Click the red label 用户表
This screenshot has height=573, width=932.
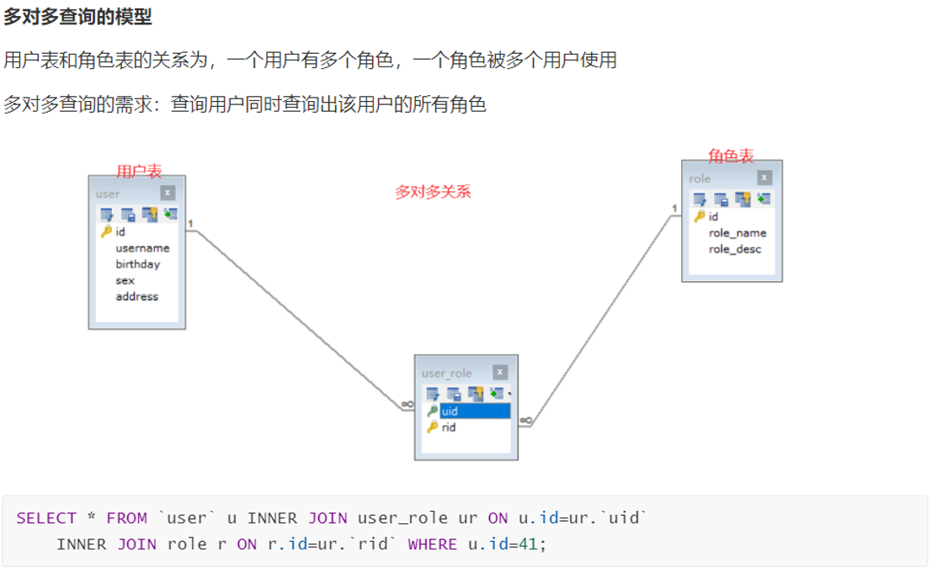139,172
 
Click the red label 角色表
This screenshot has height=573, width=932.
731,156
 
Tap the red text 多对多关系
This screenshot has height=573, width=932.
433,192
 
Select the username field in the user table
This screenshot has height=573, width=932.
142,248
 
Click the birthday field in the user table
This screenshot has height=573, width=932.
137,264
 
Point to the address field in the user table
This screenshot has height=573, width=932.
136,296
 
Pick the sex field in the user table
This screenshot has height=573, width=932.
125,280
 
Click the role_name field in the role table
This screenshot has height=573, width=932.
737,233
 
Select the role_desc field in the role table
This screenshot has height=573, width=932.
734,249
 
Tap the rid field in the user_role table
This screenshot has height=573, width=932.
449,427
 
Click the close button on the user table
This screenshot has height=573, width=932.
168,193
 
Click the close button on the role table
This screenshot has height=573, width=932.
764,178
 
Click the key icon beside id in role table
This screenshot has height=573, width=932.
699,217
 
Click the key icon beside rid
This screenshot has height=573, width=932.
432,427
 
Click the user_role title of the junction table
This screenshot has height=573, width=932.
446,373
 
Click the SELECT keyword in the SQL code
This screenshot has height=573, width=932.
46,518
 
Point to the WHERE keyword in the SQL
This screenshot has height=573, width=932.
432,544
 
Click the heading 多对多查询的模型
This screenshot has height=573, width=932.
77,17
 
